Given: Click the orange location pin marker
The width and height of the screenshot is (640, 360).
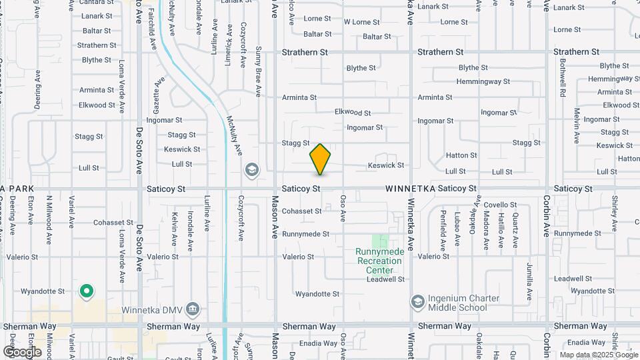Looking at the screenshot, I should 320,159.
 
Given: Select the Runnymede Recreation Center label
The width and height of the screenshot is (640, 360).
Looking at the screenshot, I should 379,256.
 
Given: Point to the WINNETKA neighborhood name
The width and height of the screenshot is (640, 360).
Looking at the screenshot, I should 410,189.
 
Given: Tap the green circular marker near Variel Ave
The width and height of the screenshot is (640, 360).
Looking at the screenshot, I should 86,291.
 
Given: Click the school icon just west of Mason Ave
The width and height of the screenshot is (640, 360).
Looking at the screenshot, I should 251,169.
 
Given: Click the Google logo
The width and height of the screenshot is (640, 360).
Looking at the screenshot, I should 22,351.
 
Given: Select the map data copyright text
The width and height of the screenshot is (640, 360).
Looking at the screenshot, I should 599,355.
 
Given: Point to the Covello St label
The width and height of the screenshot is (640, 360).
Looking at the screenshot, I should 500,205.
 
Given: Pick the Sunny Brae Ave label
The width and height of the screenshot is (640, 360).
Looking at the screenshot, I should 259,72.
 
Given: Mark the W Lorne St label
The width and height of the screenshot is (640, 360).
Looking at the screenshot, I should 361,22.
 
